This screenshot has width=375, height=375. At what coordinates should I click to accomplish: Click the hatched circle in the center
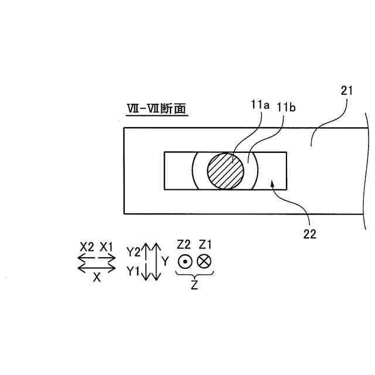coord(226,170)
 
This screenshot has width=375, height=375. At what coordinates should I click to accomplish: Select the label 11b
coord(286,107)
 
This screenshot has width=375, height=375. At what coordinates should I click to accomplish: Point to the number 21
coord(347,91)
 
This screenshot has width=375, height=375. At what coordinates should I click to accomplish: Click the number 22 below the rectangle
coord(309,234)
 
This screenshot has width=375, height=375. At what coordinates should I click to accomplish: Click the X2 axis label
coord(87,247)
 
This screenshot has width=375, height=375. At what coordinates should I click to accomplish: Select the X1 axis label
coord(107,247)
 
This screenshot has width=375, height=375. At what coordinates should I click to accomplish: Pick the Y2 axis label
coord(133,252)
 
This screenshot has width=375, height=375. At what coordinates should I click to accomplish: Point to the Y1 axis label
coord(133,271)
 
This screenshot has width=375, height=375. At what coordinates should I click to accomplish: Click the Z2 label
coord(184,243)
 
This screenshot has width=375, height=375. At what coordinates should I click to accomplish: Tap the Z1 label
coord(205,243)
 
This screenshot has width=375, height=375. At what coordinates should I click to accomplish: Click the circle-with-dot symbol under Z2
coord(184,261)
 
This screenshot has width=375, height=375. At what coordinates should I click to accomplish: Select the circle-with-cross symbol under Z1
coord(205,261)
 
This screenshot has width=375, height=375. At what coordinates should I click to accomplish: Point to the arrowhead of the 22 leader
coord(270,183)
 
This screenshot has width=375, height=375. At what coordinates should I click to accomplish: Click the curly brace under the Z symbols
coord(195,273)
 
